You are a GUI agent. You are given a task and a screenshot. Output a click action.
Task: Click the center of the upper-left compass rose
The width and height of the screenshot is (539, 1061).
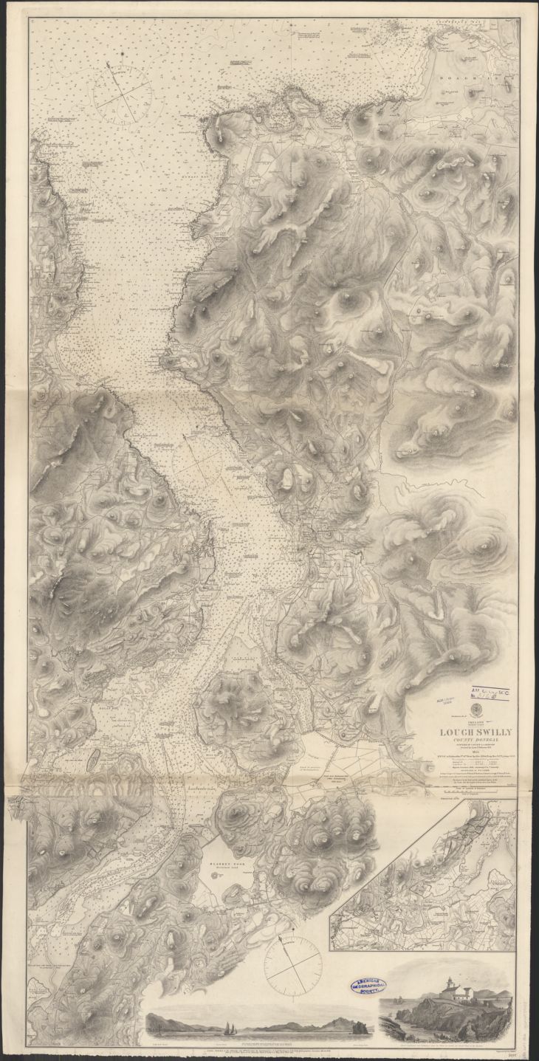(x=123, y=96)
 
